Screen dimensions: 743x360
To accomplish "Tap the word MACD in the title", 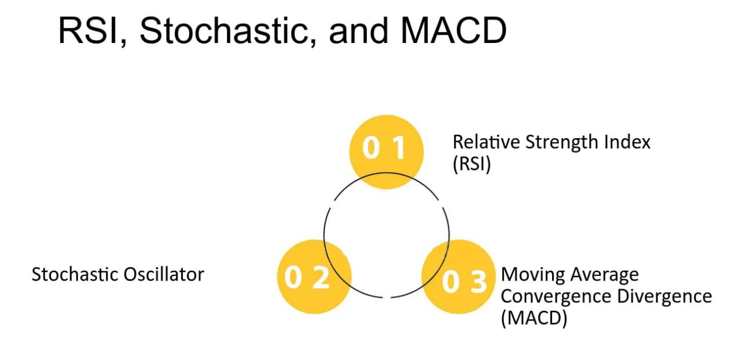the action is tap(453, 31).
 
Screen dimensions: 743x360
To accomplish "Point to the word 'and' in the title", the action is tap(359, 31).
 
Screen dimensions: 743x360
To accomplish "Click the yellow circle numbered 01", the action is tap(387, 152).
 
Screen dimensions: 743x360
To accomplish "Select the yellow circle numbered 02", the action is tap(314, 276).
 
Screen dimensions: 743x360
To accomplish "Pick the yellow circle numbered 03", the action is tap(459, 276).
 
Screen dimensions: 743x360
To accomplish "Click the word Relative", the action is tap(486, 142).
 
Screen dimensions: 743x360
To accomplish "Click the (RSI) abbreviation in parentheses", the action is tap(472, 164).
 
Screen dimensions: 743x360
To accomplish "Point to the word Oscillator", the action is tap(164, 275).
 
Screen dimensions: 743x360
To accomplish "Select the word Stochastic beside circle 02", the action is tap(75, 275).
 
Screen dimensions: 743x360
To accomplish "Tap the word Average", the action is tap(605, 275).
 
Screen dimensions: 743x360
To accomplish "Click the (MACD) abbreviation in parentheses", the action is tap(534, 318).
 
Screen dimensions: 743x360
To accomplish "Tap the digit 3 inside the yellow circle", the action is tap(479, 282).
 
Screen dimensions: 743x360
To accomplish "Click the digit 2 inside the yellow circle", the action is tap(321, 278).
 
